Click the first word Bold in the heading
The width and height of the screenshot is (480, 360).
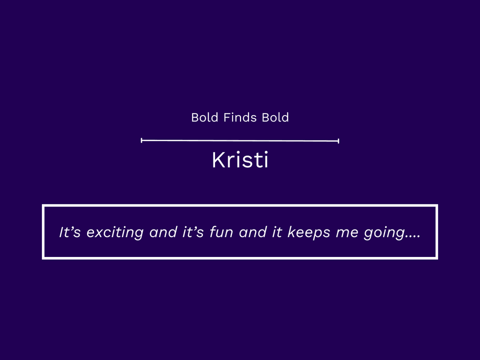coord(205,117)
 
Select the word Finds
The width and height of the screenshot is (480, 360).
coord(240,117)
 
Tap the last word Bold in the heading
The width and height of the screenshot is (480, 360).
coord(275,117)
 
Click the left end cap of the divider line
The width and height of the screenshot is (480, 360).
coord(141,140)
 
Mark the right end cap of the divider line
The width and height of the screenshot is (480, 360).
coord(338,141)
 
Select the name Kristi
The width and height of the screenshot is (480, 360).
coord(240,160)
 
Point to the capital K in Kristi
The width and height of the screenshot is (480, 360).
coord(218,160)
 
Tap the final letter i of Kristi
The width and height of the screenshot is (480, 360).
coord(265,160)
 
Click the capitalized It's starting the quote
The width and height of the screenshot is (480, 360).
coord(70,232)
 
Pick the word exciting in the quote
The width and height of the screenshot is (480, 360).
coord(115,232)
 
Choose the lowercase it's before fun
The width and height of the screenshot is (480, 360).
coord(193,232)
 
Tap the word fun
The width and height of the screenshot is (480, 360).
coord(221,232)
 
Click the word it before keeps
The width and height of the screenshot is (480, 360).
coord(277,232)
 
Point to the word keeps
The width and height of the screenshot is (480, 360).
coord(309,232)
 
